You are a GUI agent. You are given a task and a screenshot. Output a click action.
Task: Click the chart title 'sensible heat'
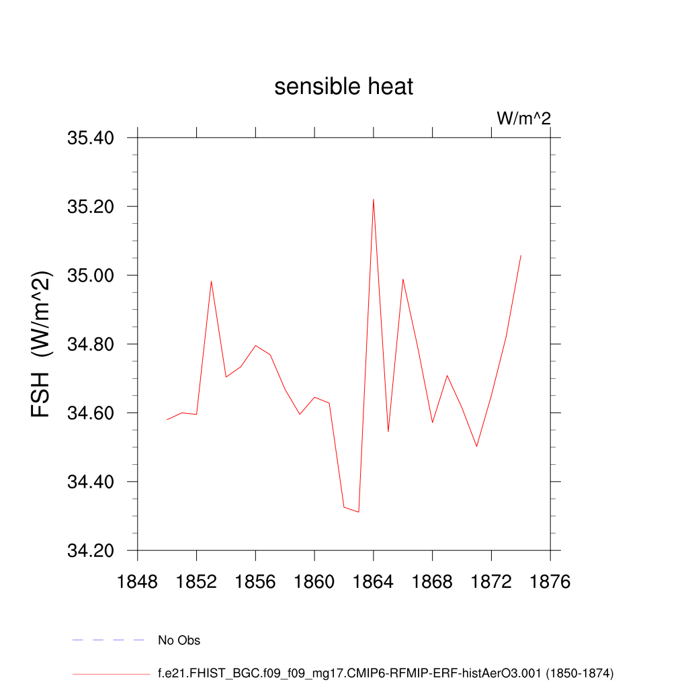pos(343,87)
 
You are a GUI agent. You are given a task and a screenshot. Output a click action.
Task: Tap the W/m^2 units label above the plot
pos(523,119)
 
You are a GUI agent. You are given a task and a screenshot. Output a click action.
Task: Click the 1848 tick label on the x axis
pos(137,582)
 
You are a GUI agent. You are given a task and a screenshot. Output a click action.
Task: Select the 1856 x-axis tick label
pos(255,582)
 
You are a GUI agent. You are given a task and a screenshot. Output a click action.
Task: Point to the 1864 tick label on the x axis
pos(374,582)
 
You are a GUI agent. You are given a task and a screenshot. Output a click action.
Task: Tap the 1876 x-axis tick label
pos(550,582)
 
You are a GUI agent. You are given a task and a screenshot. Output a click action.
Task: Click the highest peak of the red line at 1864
pos(374,199)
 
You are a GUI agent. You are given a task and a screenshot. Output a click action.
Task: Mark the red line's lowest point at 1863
pos(359,512)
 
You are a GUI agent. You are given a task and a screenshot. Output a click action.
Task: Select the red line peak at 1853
pos(211,281)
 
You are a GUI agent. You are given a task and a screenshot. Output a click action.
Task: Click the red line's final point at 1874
pos(521,255)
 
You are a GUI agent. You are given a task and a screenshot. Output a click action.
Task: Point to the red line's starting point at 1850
pos(167,419)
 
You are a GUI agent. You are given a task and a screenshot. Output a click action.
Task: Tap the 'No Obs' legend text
pos(179,640)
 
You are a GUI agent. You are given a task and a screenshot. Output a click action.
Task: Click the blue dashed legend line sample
pos(108,640)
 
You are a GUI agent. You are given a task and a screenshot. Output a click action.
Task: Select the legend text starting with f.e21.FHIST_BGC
pos(386,673)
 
